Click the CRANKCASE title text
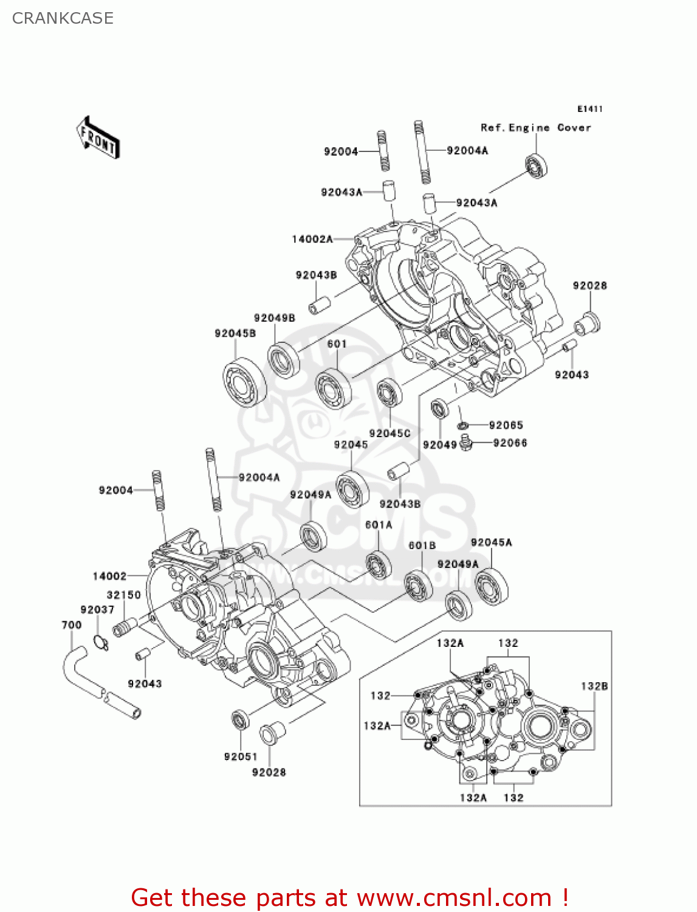(x=63, y=18)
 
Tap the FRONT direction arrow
(x=98, y=138)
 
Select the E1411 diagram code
(x=589, y=109)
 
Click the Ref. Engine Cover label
(x=535, y=128)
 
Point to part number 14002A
(x=312, y=239)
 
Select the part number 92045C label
(x=390, y=433)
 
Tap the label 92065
(x=506, y=425)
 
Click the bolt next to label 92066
(x=466, y=443)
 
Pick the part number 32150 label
(x=123, y=595)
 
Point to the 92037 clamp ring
(x=101, y=641)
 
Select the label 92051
(x=241, y=756)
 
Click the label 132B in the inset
(x=594, y=686)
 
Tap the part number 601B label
(x=422, y=545)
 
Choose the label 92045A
(x=491, y=542)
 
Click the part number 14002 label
(x=109, y=576)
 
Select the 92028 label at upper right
(x=589, y=285)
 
